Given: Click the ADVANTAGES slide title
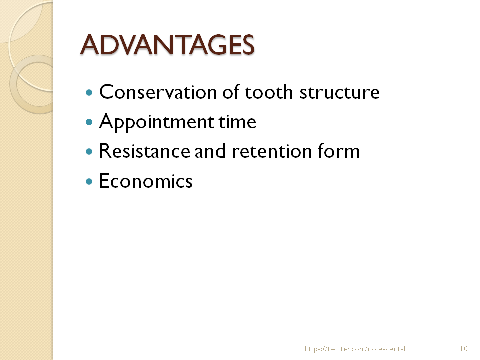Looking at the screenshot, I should click(x=167, y=45).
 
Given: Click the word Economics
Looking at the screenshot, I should click(x=146, y=181).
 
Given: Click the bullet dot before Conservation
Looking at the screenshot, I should click(x=89, y=93).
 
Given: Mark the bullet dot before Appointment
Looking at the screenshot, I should click(x=89, y=122).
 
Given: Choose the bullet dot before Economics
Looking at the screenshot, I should click(x=89, y=181).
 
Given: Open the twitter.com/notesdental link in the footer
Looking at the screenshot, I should click(x=355, y=349).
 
